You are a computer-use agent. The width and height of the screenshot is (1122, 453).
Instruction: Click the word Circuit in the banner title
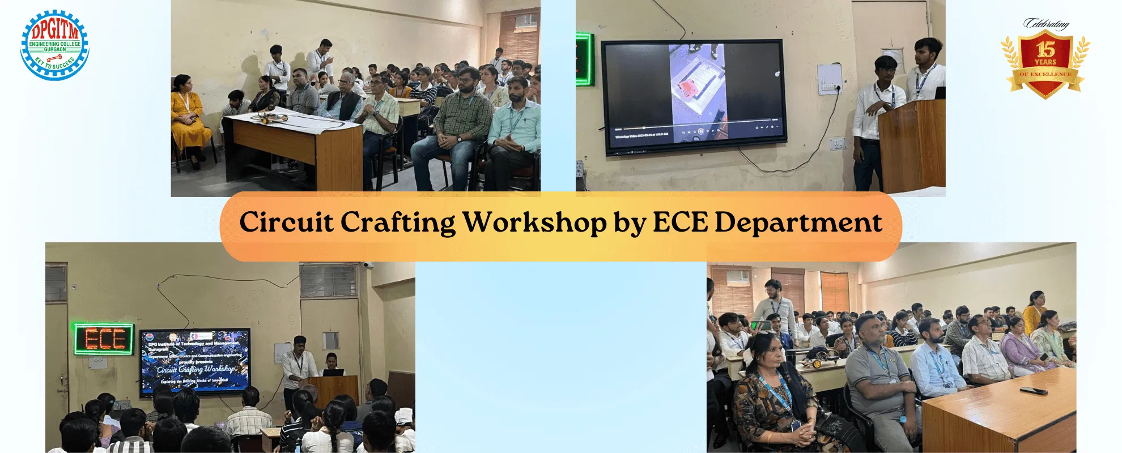tap(286, 222)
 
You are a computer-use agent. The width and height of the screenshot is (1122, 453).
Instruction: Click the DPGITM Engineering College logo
tap(54, 45)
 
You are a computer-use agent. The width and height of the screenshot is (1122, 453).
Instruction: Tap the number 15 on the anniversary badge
tap(1045, 49)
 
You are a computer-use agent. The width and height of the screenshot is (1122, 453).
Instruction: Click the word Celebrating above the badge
tap(1046, 24)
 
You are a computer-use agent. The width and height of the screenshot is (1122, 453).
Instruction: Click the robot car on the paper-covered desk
tap(271, 118)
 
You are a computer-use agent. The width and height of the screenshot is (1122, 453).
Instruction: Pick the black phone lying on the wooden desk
tap(1033, 390)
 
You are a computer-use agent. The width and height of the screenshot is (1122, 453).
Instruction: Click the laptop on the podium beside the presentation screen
tap(333, 372)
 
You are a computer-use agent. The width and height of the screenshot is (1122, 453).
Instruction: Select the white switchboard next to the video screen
tap(828, 79)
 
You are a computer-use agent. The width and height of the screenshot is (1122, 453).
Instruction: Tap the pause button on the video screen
tap(700, 131)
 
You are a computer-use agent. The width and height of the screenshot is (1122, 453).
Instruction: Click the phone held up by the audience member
tap(762, 325)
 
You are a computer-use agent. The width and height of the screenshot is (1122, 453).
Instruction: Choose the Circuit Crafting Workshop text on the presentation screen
tap(195, 369)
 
